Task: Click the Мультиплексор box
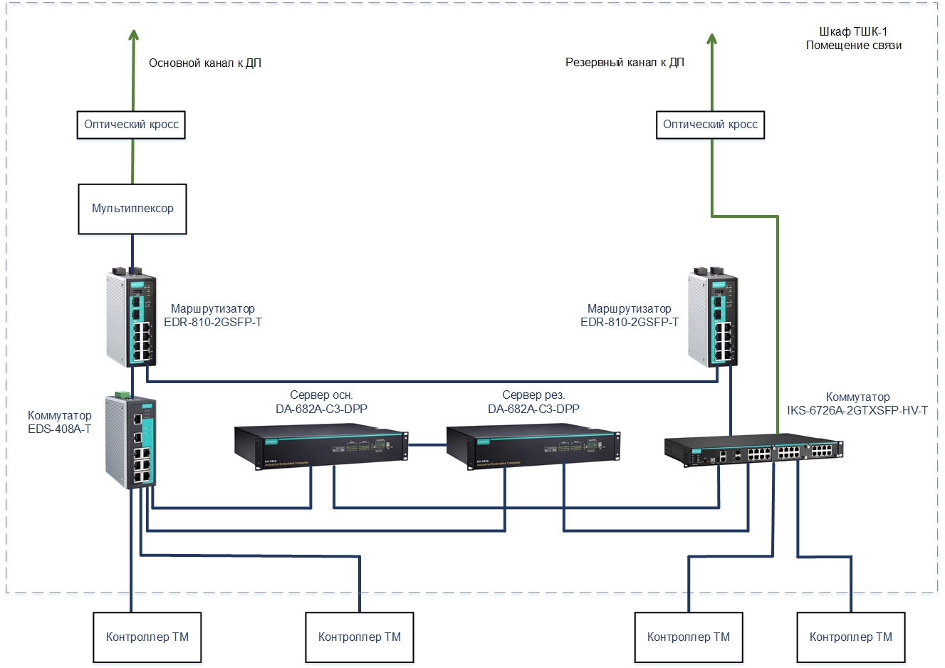[x=132, y=209]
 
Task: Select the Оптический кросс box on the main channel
[x=131, y=125]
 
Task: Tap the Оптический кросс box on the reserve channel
[x=710, y=125]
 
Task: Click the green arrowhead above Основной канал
[x=133, y=38]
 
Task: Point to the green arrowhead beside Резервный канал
[x=711, y=39]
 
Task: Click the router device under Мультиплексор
[x=132, y=317]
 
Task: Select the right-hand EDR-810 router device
[x=713, y=317]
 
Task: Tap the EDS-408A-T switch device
[x=131, y=439]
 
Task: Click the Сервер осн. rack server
[x=320, y=447]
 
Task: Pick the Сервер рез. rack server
[x=533, y=447]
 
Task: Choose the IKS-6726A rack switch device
[x=753, y=451]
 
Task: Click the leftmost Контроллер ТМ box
[x=147, y=637]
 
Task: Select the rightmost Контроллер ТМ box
[x=850, y=637]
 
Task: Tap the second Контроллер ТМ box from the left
[x=359, y=637]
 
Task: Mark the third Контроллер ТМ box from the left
[x=688, y=637]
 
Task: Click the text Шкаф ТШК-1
[x=853, y=32]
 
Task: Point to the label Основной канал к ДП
[x=205, y=63]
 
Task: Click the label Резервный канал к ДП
[x=625, y=63]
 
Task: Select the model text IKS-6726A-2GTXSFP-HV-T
[x=857, y=410]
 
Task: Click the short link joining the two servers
[x=427, y=445]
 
